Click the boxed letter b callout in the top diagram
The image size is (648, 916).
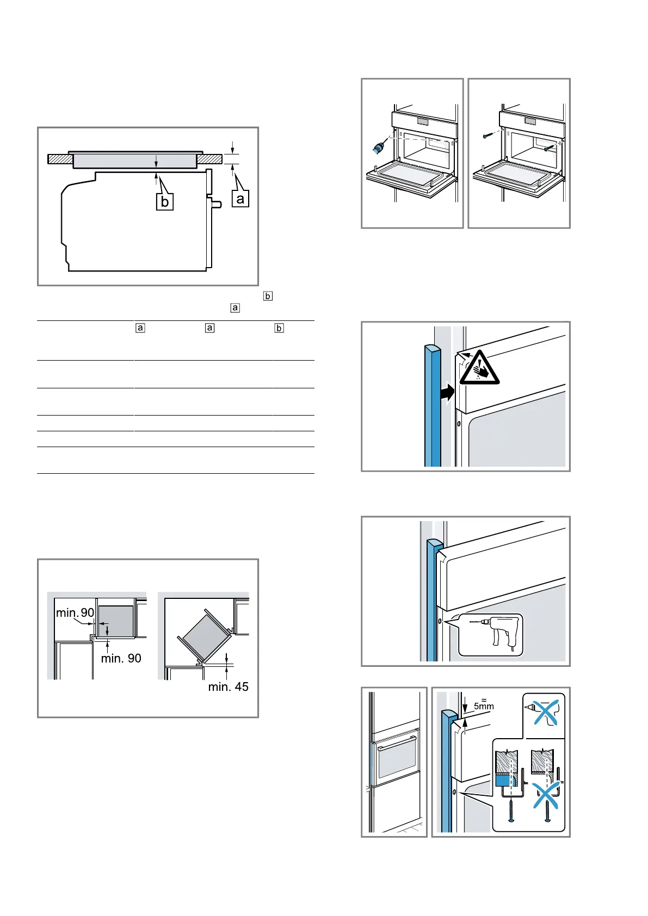pyautogui.click(x=164, y=202)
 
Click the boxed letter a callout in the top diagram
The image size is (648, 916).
pyautogui.click(x=240, y=199)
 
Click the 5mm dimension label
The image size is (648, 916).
pyautogui.click(x=484, y=706)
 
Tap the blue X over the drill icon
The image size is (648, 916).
pyautogui.click(x=545, y=712)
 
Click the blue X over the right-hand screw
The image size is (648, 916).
pyautogui.click(x=546, y=796)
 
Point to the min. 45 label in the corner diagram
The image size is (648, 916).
pyautogui.click(x=228, y=687)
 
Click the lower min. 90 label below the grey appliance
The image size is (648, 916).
pyautogui.click(x=121, y=658)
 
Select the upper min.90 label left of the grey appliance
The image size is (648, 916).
pyautogui.click(x=75, y=613)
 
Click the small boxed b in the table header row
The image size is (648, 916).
pyautogui.click(x=279, y=328)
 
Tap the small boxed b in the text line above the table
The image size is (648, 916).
pyautogui.click(x=268, y=296)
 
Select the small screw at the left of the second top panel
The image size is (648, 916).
pyautogui.click(x=485, y=136)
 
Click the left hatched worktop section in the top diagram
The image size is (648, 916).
pyautogui.click(x=60, y=159)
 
